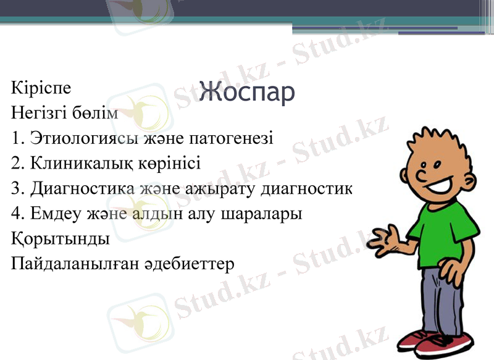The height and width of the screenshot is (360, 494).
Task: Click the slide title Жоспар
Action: click(x=246, y=92)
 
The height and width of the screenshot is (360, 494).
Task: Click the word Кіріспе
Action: click(x=41, y=88)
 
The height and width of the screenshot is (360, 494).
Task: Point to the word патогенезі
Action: click(x=232, y=137)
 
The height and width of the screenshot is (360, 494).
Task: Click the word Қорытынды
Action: click(x=60, y=238)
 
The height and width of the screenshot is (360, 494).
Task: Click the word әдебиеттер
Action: click(x=196, y=264)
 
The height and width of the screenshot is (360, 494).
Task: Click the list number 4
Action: click(x=16, y=214)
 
